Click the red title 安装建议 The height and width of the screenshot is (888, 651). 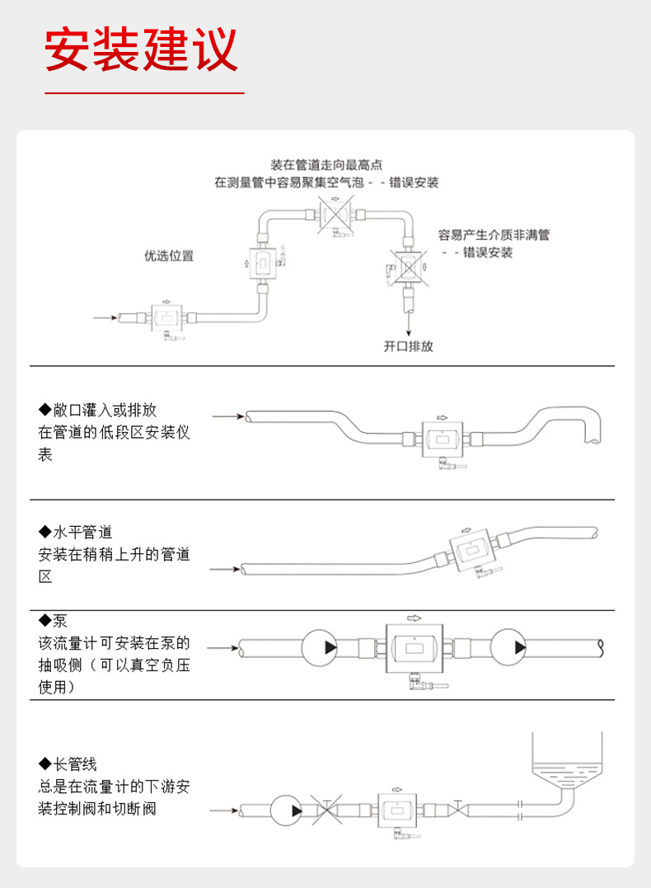pos(141,49)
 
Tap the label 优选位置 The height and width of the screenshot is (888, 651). pos(169,256)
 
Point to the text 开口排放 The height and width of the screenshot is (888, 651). pos(408,346)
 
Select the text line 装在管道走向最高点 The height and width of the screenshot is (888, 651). pos(326,165)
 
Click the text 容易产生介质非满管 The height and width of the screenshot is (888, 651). pos(494,235)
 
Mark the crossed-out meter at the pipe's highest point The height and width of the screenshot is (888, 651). pos(335,217)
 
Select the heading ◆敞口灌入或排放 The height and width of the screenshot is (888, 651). pos(97,410)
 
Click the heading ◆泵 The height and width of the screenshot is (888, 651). pos(54,621)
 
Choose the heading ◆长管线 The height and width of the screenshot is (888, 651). pos(68,764)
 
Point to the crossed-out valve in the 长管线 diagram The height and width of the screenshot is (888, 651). pos(328,810)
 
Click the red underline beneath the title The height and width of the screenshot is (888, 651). pos(144,94)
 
